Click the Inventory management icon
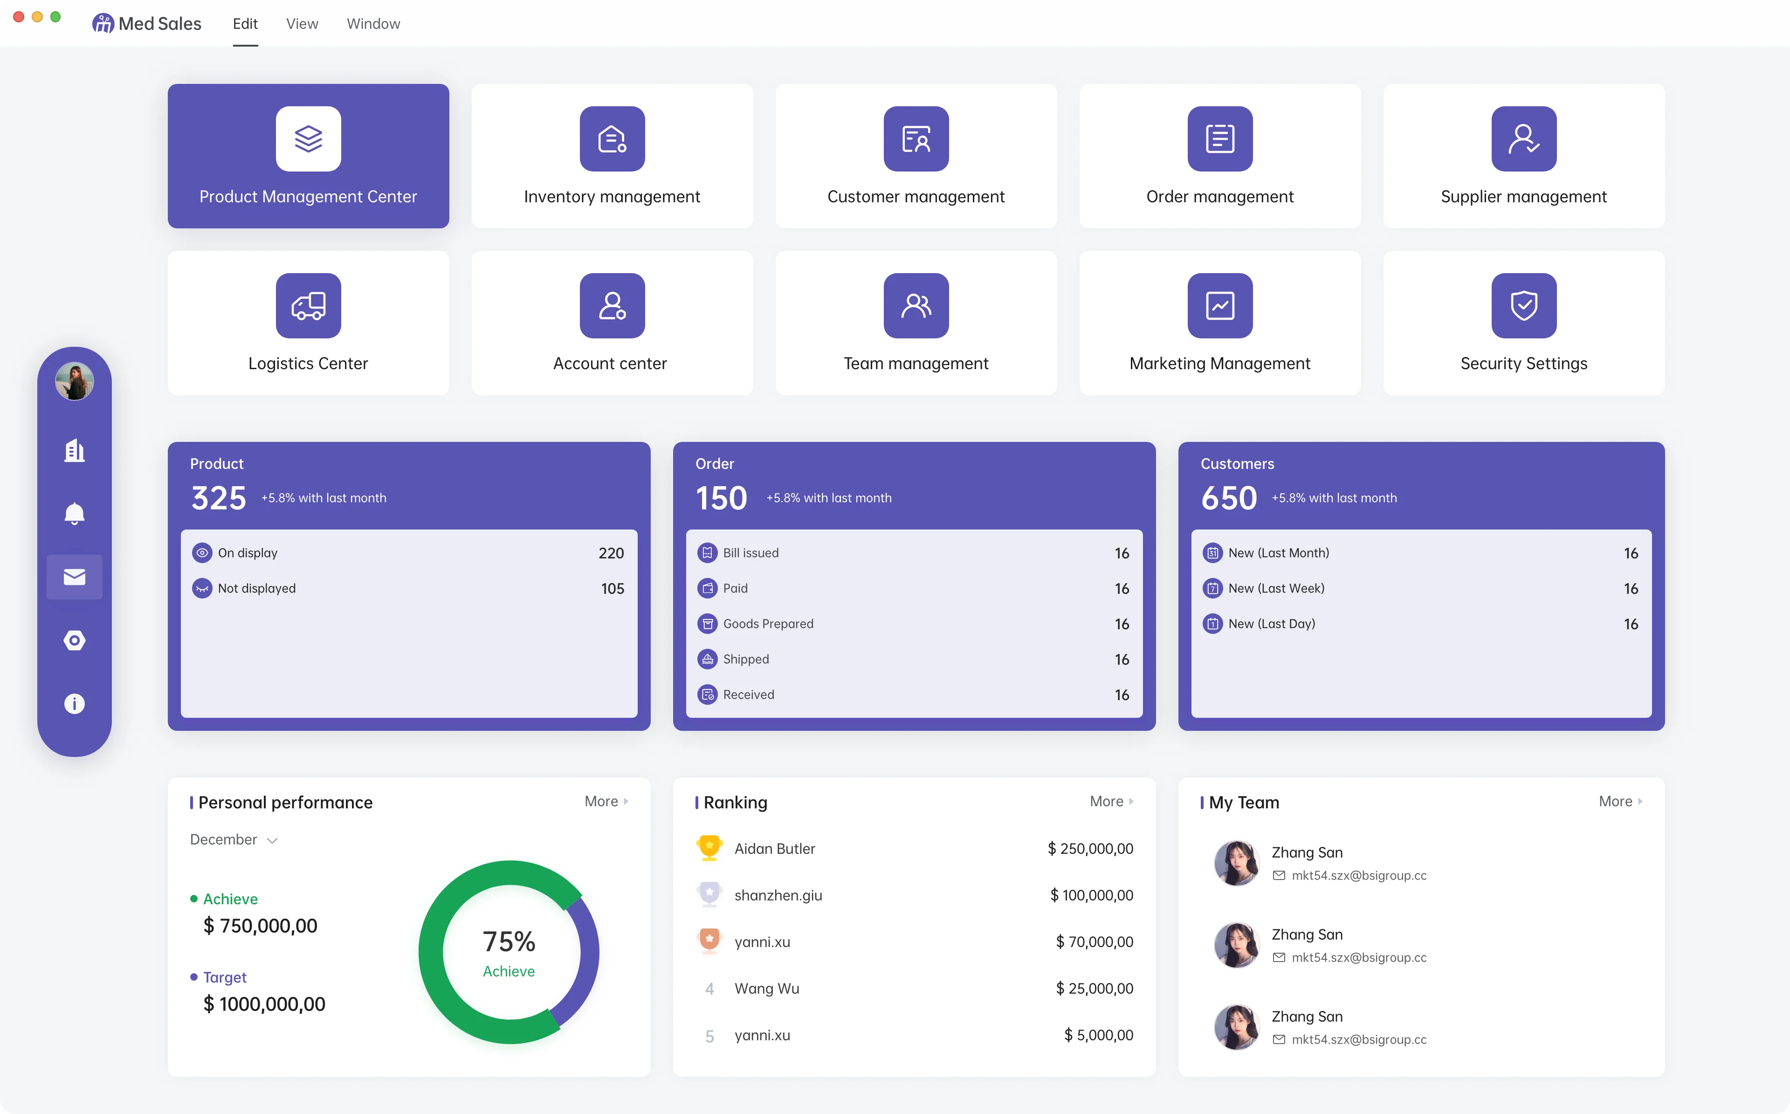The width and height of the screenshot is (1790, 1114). tap(612, 138)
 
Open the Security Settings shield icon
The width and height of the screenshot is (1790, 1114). tap(1523, 305)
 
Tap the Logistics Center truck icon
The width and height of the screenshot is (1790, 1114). tap(308, 305)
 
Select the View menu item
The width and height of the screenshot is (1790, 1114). tap(302, 24)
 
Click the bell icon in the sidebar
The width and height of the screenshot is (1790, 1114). tap(75, 514)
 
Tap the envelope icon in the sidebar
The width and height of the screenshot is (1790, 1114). tap(75, 577)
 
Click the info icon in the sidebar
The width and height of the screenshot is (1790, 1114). tap(75, 704)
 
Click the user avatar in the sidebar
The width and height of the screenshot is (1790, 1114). tap(75, 381)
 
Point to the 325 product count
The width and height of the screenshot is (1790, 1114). tap(219, 498)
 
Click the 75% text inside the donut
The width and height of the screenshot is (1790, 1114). tap(509, 942)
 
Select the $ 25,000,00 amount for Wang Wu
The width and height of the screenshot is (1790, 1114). tap(1095, 989)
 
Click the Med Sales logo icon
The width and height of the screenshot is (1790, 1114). tap(103, 24)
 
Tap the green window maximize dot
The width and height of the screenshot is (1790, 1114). tap(55, 16)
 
